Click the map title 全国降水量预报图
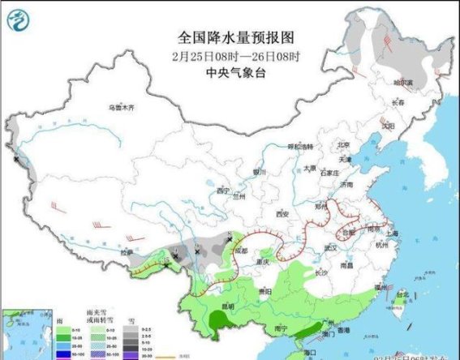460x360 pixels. coord(235,38)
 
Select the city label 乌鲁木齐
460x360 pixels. coord(122,108)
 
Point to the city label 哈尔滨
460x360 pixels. coord(403,83)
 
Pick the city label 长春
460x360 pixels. coord(398,103)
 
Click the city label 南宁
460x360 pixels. coord(282,328)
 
